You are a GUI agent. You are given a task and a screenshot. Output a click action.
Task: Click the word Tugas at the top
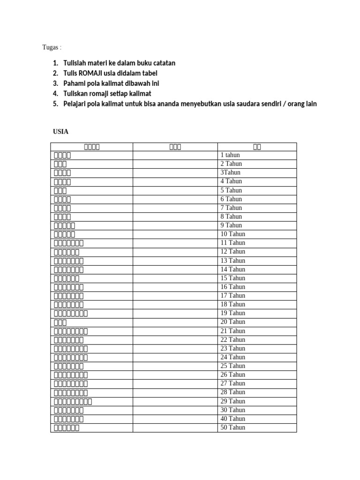[50, 47]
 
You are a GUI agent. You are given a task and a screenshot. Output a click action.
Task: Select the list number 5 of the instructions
[55, 104]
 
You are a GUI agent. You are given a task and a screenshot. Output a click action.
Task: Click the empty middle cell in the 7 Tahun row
[175, 208]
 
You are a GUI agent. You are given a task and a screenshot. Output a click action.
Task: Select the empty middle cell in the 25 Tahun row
[175, 366]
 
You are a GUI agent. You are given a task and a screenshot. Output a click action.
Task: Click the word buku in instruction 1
[143, 63]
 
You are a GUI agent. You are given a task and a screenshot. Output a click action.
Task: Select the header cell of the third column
[257, 147]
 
